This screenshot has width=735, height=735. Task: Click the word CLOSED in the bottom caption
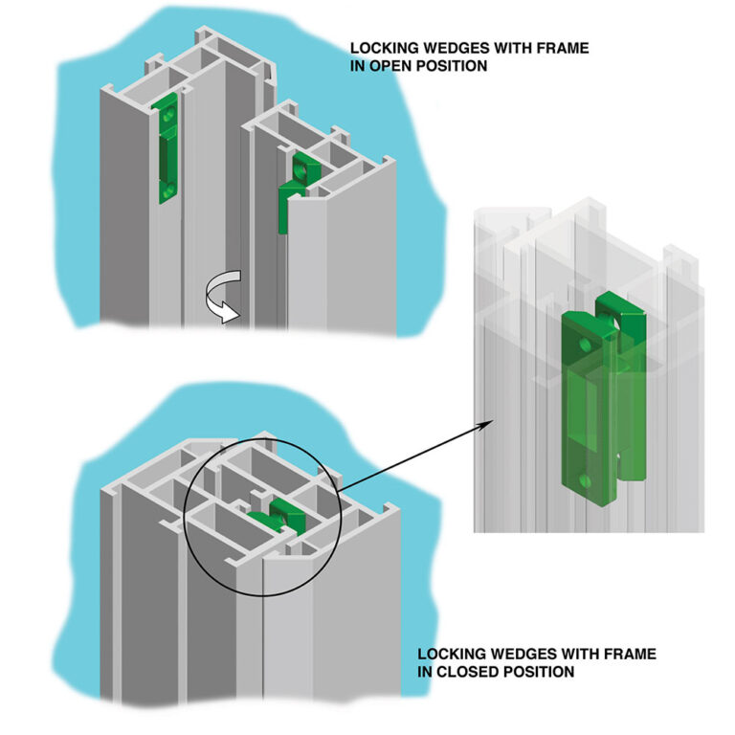(x=460, y=672)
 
